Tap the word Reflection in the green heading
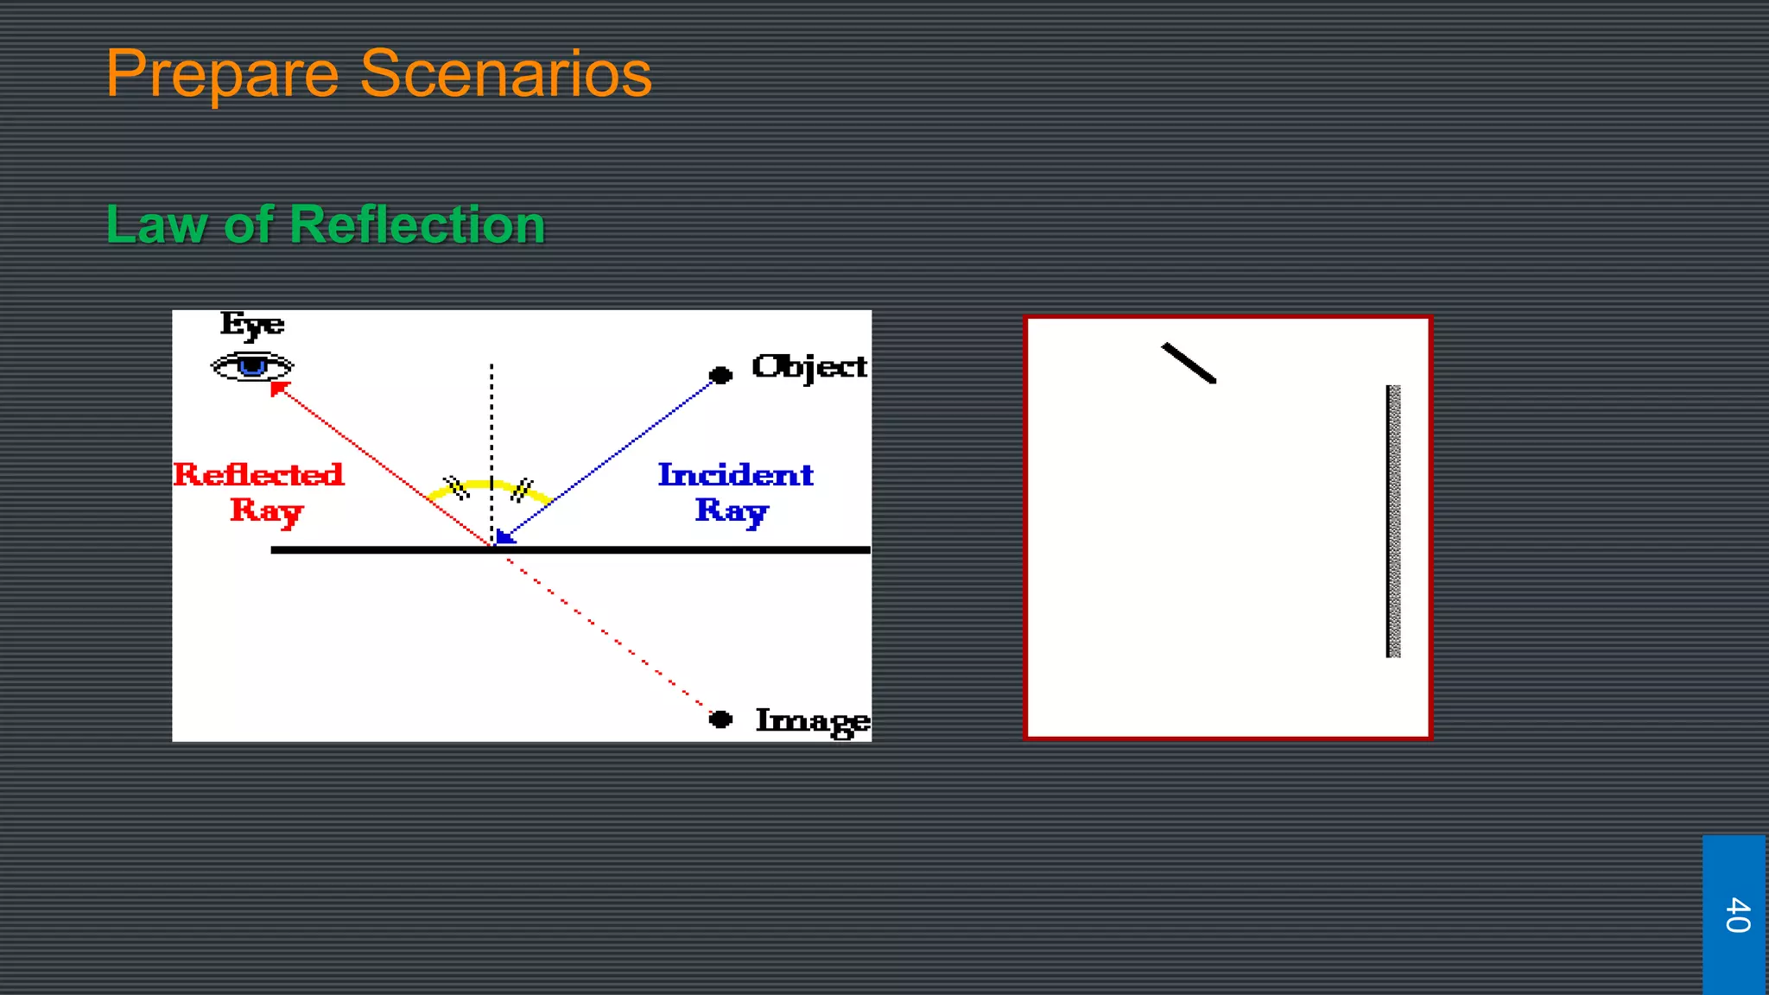pyautogui.click(x=417, y=225)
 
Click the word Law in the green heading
pyautogui.click(x=156, y=225)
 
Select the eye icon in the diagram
pyautogui.click(x=252, y=367)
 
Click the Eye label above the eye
pyautogui.click(x=251, y=325)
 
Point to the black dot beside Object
pyautogui.click(x=720, y=375)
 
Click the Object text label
pyautogui.click(x=808, y=367)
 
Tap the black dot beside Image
pyautogui.click(x=720, y=719)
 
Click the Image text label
pyautogui.click(x=812, y=720)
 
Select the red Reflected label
pyautogui.click(x=258, y=474)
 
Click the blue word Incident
pyautogui.click(x=735, y=474)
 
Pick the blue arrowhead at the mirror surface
pyautogui.click(x=504, y=536)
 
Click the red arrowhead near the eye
pyautogui.click(x=278, y=389)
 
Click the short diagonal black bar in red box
pyautogui.click(x=1189, y=363)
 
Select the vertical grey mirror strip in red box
pyautogui.click(x=1393, y=521)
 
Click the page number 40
pyautogui.click(x=1736, y=915)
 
